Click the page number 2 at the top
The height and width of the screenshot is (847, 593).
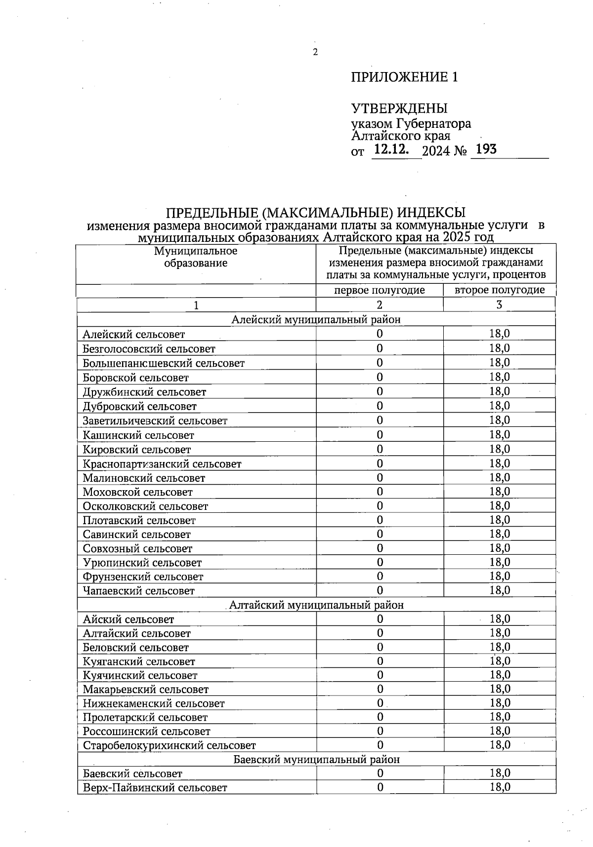(x=314, y=53)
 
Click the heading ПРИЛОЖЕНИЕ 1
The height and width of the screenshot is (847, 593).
(x=404, y=77)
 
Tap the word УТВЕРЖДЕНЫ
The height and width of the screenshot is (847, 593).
(x=399, y=108)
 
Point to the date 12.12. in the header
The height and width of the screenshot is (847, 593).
(x=391, y=150)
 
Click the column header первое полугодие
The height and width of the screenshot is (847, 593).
(x=379, y=290)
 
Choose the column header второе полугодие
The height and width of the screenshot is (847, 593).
(x=500, y=290)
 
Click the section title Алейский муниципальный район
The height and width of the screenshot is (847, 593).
(x=316, y=320)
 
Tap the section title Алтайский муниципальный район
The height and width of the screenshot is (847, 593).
(x=316, y=605)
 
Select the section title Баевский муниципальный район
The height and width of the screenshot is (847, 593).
(x=316, y=760)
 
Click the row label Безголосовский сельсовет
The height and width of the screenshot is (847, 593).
(x=149, y=349)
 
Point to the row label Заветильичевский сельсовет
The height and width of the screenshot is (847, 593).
(x=155, y=421)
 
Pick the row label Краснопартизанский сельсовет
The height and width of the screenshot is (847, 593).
(x=162, y=464)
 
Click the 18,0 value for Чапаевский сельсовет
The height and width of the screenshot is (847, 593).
(x=500, y=590)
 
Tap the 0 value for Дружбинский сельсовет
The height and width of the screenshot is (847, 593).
(x=380, y=392)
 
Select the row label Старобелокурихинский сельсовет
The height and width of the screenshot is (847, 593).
(x=169, y=746)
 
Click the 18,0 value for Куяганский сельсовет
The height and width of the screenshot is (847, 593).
(x=500, y=661)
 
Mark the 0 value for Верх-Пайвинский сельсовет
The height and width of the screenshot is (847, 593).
(x=380, y=787)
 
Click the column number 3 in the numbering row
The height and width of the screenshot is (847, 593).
(x=499, y=305)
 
